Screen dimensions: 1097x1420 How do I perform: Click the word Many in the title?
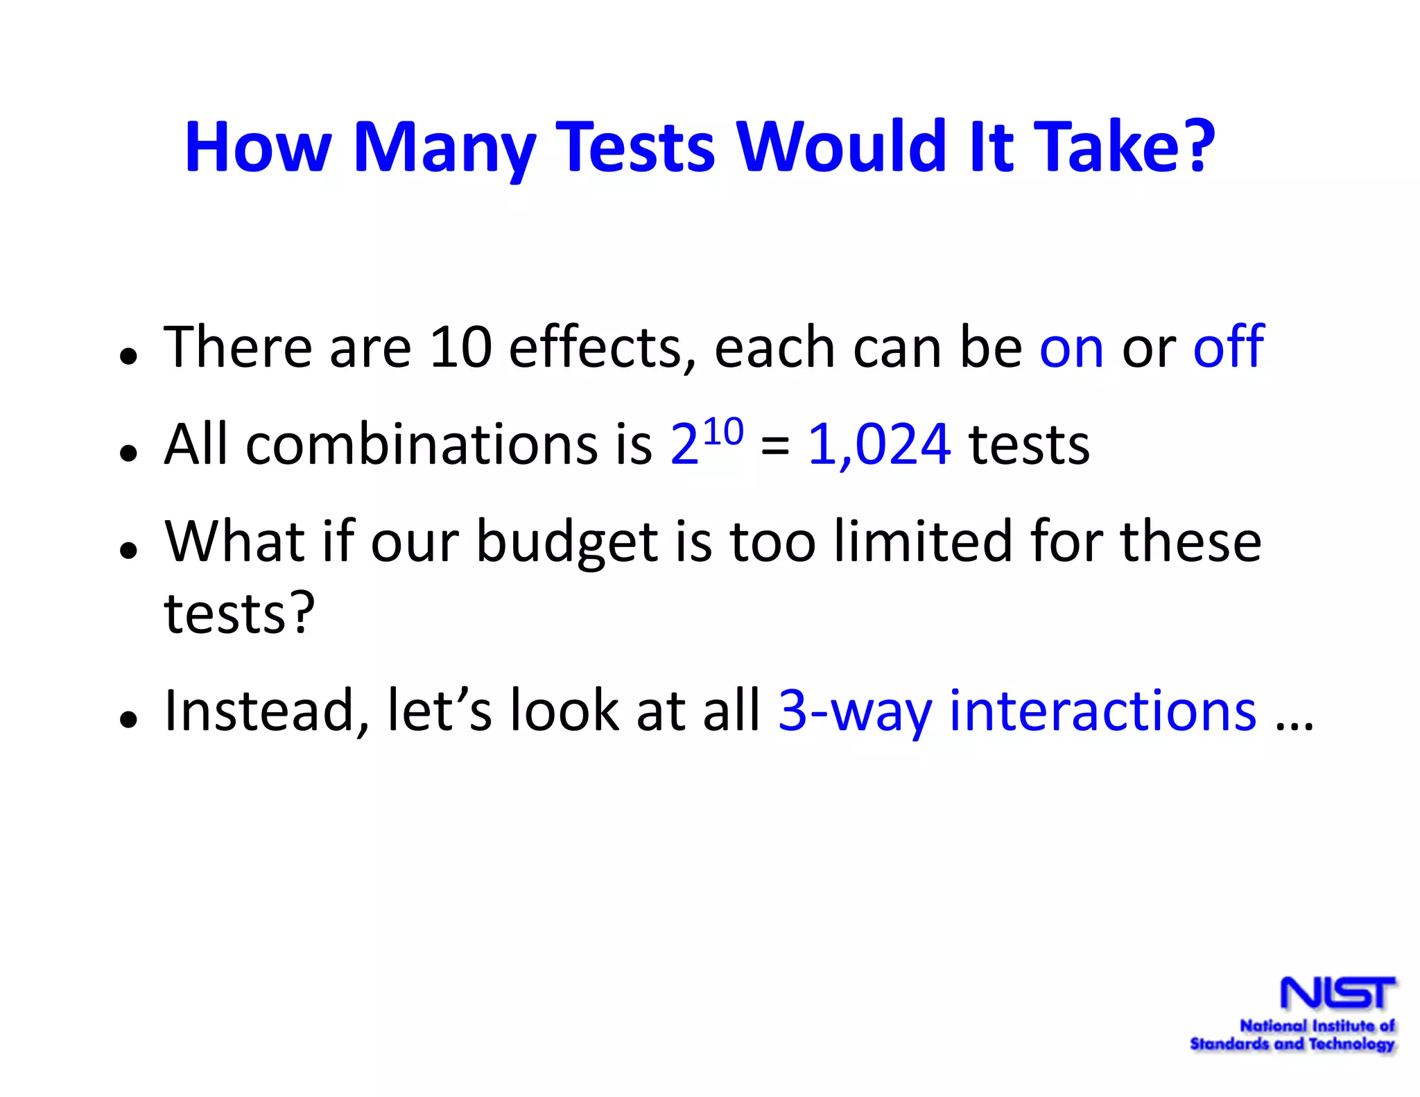pyautogui.click(x=444, y=147)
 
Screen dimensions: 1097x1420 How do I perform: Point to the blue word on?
pyautogui.click(x=1071, y=348)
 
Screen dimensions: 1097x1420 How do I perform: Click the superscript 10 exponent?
pyautogui.click(x=723, y=432)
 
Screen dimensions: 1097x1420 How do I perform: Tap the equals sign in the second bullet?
pyautogui.click(x=774, y=446)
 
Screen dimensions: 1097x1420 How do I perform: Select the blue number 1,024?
pyautogui.click(x=879, y=445)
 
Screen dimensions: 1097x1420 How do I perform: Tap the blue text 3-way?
pyautogui.click(x=854, y=711)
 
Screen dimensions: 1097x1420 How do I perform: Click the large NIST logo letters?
pyautogui.click(x=1337, y=993)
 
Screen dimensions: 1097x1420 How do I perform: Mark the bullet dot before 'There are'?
pyautogui.click(x=128, y=356)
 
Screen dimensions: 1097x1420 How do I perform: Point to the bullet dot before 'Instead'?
pyautogui.click(x=128, y=719)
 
